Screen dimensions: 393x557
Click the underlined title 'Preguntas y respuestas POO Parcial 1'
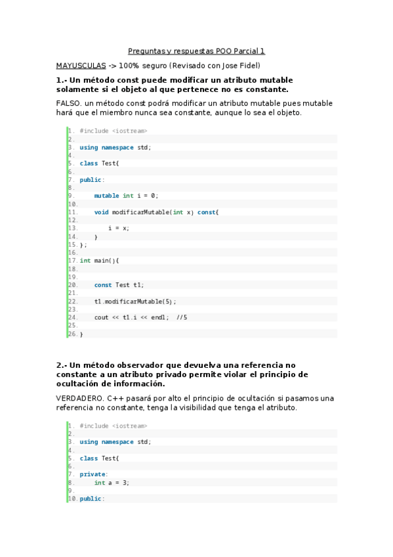[x=196, y=51]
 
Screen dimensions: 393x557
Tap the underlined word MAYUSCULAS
[x=81, y=66]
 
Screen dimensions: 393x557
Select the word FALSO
[x=69, y=103]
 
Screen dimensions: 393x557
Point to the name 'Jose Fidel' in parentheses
[x=241, y=66]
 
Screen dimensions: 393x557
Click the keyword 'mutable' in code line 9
[x=106, y=196]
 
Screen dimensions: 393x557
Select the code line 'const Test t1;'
[x=119, y=285]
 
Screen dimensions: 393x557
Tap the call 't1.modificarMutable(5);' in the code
[x=135, y=301]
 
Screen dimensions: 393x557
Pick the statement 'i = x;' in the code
[x=119, y=228]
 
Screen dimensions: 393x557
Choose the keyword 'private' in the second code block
[x=92, y=474]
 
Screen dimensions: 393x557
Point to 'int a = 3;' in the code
[x=112, y=483]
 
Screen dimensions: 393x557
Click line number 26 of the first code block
[x=72, y=334]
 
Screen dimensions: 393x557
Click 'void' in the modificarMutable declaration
[x=101, y=212]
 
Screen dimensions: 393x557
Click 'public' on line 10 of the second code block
[x=91, y=499]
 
